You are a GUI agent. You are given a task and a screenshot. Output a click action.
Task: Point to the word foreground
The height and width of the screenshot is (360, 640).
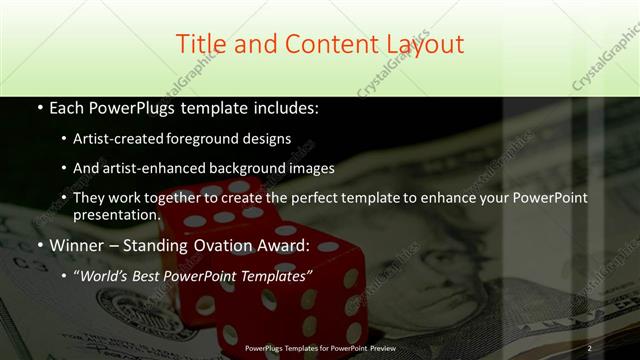pos(218,139)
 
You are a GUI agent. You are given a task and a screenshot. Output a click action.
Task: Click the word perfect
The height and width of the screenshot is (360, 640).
pos(323,198)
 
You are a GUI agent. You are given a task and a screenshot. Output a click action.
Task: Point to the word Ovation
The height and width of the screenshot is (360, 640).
pos(234,245)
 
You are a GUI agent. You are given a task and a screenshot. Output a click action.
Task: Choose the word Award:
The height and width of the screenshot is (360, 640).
pos(291,245)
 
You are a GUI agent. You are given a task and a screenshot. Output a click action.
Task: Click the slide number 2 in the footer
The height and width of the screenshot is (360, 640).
pos(589,348)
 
